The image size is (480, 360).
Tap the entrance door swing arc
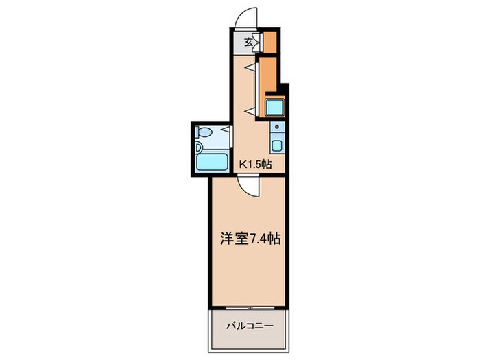244,17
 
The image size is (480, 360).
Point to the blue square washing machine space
274,108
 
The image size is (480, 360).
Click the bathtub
213,163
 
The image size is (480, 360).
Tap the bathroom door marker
226,132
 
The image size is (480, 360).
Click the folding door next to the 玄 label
256,40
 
